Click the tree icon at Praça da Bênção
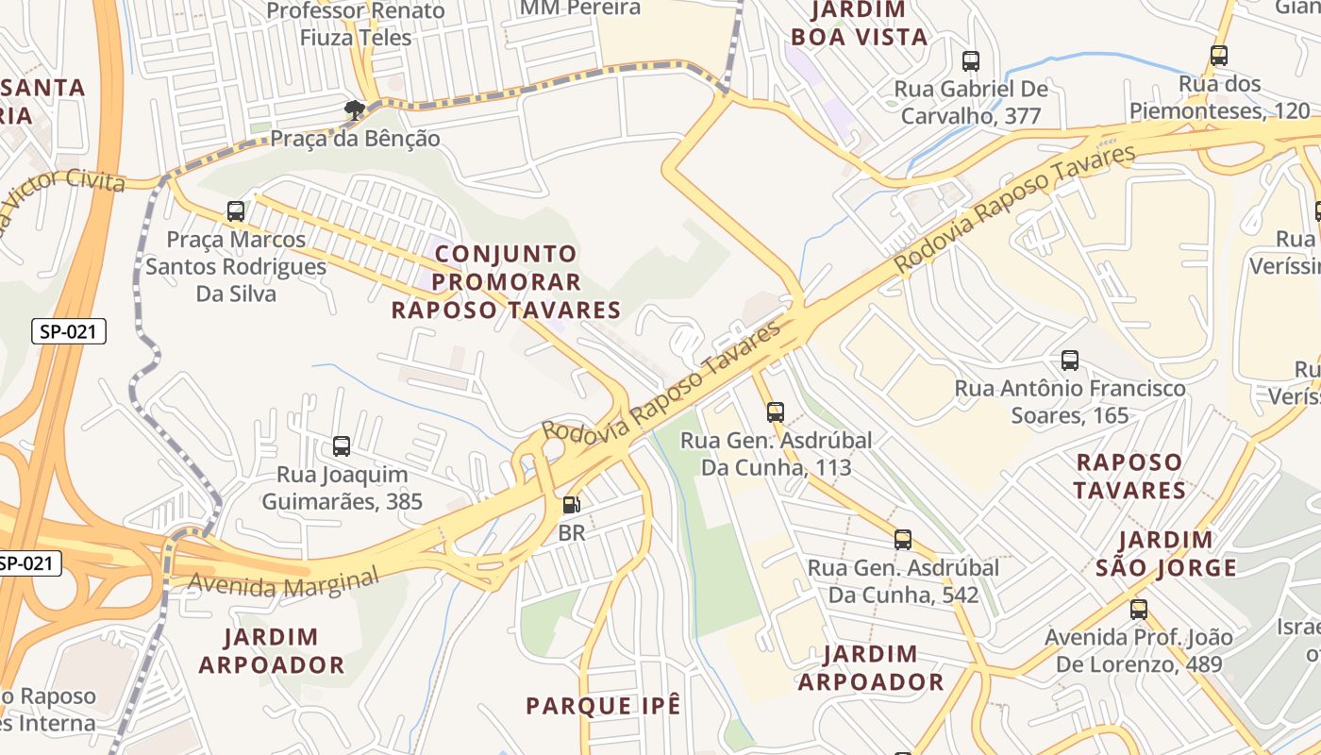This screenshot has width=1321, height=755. [355, 111]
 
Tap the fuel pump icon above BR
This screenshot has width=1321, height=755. [571, 505]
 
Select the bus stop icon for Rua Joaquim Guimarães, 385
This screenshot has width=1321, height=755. [342, 446]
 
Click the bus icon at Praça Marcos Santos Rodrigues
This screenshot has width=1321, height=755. [236, 211]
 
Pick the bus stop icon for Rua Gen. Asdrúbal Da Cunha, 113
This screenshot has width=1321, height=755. [776, 412]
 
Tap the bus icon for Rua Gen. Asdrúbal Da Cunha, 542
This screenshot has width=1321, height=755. [903, 540]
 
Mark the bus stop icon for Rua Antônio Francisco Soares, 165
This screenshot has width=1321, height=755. [1070, 361]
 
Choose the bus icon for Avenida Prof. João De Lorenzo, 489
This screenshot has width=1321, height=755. [1139, 610]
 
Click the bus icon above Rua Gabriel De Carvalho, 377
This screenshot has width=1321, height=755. [971, 61]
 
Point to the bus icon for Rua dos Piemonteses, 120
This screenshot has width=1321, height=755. [1219, 56]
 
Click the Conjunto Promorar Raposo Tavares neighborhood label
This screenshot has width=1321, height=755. [506, 282]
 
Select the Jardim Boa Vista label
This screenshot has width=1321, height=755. [859, 25]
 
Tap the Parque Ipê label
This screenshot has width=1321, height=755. [603, 706]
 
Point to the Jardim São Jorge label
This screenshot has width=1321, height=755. [1166, 554]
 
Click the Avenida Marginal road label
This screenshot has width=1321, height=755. [283, 581]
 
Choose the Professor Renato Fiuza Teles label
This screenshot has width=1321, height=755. [356, 25]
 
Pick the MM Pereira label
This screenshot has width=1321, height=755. [580, 8]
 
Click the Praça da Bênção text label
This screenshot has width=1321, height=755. [355, 139]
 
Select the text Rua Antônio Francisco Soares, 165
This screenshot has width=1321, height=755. [1070, 401]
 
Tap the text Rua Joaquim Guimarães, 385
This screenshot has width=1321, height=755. [342, 488]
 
